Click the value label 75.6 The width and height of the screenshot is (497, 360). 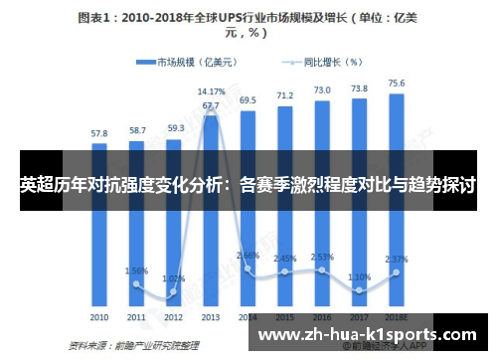pos(397,84)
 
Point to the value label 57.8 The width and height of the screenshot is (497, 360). pos(99,132)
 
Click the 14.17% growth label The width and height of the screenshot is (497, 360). pos(211,91)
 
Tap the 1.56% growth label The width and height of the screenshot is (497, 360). pos(137,270)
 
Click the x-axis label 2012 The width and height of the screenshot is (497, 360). pos(174,317)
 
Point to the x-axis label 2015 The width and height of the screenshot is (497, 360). pos(285,317)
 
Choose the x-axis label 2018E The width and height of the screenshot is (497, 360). pos(397,317)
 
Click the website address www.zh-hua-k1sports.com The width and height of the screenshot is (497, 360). pos(367,336)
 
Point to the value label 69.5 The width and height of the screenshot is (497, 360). pos(248,100)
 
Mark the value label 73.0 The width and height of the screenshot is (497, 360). pos(322,90)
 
